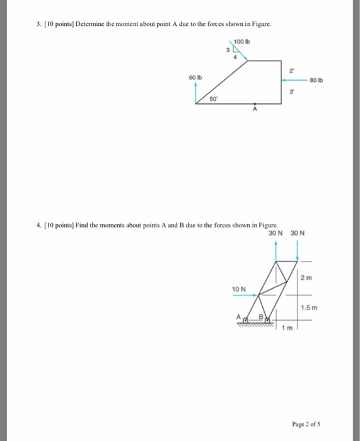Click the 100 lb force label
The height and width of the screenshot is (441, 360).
pos(241,42)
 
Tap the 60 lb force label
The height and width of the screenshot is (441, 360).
pos(195,77)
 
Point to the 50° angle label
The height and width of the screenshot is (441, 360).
pos(213,99)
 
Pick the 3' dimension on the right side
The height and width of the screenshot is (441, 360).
pos(291,92)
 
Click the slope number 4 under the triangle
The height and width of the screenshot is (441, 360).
pos(235,57)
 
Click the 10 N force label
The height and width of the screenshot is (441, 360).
pos(238,288)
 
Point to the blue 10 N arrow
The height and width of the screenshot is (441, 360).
pos(245,294)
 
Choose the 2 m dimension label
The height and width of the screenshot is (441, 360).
pos(306,278)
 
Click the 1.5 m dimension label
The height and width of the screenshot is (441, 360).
pos(308,307)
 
